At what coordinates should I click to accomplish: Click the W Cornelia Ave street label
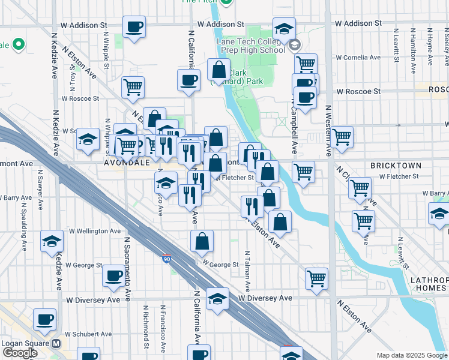point(358,58)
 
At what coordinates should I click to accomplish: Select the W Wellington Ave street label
point(94,231)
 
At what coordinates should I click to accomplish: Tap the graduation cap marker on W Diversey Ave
point(217,298)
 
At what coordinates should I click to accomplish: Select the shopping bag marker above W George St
point(202,241)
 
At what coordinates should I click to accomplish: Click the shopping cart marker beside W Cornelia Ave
point(306,63)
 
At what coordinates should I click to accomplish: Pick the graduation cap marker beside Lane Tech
point(284,28)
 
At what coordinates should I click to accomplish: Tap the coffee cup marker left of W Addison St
point(134,26)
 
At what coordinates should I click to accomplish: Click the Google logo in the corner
point(19,353)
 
